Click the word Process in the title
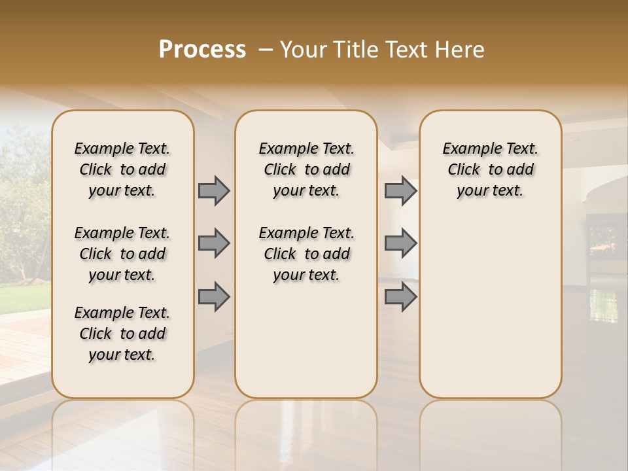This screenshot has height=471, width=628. coord(202,50)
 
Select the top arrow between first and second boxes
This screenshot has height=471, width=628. coord(214,190)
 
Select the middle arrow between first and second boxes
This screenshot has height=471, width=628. coord(214,243)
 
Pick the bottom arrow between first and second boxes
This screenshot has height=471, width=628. coord(214,296)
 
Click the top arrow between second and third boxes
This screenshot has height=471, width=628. coord(400,190)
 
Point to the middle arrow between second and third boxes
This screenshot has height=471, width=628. coord(400,243)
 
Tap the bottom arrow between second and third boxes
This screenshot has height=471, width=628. coord(400,296)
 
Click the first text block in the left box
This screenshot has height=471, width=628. coord(122,169)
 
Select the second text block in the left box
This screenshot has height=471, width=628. coord(122,254)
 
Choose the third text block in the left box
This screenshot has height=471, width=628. coord(122,334)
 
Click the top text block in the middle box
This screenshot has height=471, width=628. coord(306,169)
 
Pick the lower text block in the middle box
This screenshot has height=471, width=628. coord(306,254)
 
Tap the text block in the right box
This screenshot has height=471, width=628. coord(490,169)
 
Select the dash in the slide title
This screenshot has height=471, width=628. coord(266,50)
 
